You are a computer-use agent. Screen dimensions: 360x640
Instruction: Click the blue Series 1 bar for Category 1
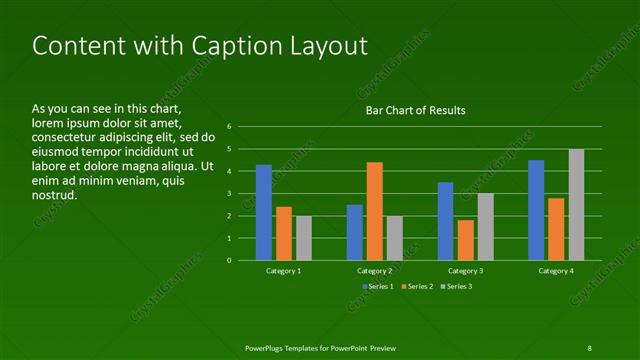[264, 212]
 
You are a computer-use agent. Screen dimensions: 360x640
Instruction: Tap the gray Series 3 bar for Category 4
[576, 204]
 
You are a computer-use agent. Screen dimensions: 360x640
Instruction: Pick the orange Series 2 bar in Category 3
[465, 240]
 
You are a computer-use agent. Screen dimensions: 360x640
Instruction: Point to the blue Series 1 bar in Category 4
[536, 210]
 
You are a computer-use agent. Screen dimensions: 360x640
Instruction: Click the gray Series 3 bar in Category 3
[485, 227]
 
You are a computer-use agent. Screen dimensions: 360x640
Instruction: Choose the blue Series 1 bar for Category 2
[355, 232]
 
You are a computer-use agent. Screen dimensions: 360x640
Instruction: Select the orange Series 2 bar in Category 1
[284, 233]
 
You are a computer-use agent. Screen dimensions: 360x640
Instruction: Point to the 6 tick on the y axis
[229, 127]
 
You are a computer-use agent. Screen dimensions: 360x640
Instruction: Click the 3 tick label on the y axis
[229, 194]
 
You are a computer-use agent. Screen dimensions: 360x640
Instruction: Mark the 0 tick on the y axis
[229, 261]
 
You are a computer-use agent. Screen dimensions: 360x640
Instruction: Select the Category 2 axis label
[374, 271]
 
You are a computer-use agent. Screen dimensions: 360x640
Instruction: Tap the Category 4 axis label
[556, 271]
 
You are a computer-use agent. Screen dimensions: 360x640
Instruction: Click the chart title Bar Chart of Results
[415, 110]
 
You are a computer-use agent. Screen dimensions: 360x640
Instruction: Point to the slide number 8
[589, 347]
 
